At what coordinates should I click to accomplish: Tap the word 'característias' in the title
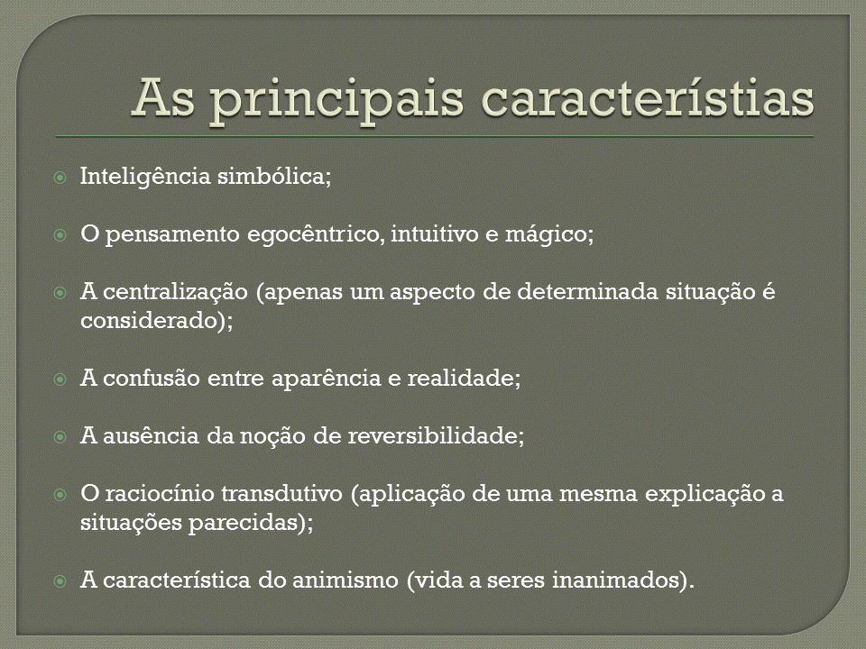[x=648, y=97]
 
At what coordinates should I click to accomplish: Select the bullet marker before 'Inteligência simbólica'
[x=60, y=178]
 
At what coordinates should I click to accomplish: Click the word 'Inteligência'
[x=145, y=177]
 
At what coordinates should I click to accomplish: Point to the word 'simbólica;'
[x=274, y=176]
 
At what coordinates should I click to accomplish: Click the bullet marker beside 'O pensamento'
[x=60, y=235]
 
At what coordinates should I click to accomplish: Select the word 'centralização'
[x=175, y=292]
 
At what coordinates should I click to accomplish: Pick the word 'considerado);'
[x=157, y=320]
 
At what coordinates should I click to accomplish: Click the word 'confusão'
[x=152, y=378]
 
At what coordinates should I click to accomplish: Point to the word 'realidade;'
[x=464, y=378]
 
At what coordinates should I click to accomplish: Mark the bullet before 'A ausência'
[x=60, y=437]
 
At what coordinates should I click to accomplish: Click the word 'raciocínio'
[x=160, y=493]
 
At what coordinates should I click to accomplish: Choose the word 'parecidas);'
[x=251, y=522]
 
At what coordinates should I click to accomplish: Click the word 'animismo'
[x=345, y=580]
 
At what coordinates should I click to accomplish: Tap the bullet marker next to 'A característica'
[x=60, y=581]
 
